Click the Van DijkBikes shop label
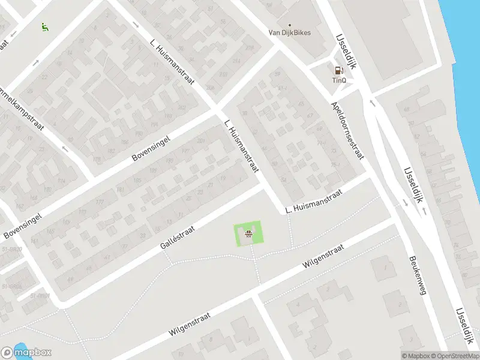click(x=289, y=32)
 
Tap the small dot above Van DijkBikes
click(x=289, y=25)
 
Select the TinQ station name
click(x=340, y=80)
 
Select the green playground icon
click(x=44, y=26)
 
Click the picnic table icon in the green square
click(x=248, y=234)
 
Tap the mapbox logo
click(x=26, y=353)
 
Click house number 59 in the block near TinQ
click(x=277, y=74)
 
